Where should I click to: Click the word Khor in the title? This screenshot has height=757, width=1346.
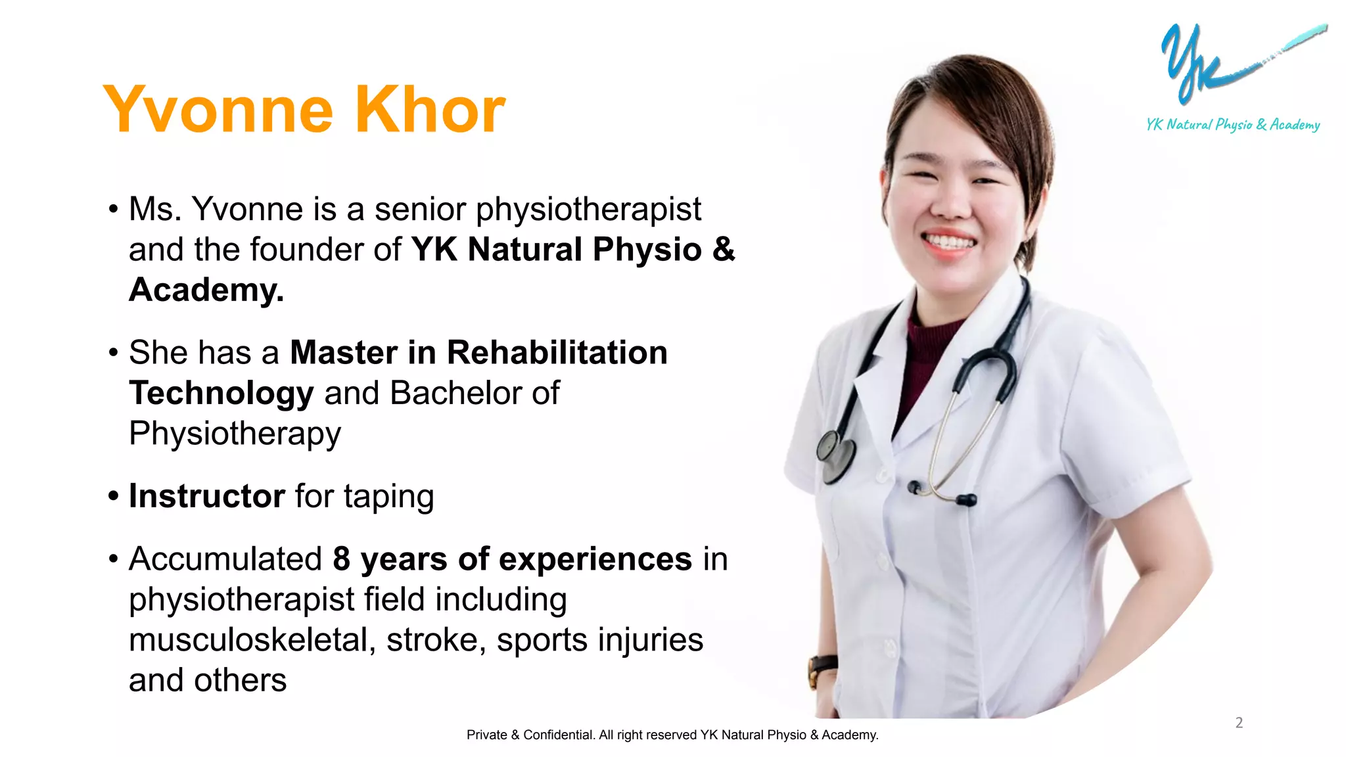pos(430,110)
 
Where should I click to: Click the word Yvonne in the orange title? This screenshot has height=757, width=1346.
pos(219,110)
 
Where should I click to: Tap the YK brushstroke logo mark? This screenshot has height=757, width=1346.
pos(1196,62)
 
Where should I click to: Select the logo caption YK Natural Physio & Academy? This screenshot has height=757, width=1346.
pos(1233,125)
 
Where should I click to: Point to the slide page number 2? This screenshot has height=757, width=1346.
pos(1239,723)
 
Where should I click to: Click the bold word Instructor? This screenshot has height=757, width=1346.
pos(207,496)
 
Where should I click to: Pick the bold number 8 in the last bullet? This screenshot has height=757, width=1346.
pos(341,559)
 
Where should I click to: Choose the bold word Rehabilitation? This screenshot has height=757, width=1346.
pos(557,353)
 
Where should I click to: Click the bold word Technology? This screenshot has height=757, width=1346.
pos(221,394)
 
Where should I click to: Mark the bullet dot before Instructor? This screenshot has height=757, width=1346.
pos(114,496)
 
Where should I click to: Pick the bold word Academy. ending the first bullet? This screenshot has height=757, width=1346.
pos(206,290)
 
